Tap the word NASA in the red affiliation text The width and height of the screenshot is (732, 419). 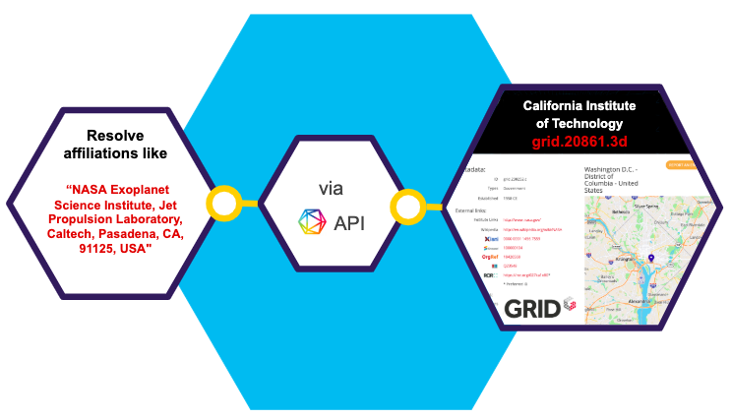95,189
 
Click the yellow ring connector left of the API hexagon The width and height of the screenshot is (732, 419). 224,203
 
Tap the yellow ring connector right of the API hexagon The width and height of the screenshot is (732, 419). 406,207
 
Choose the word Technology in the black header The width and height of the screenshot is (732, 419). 586,124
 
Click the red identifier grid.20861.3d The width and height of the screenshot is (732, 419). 573,143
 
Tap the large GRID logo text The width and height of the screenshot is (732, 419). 532,308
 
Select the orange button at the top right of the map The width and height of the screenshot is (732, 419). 682,165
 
